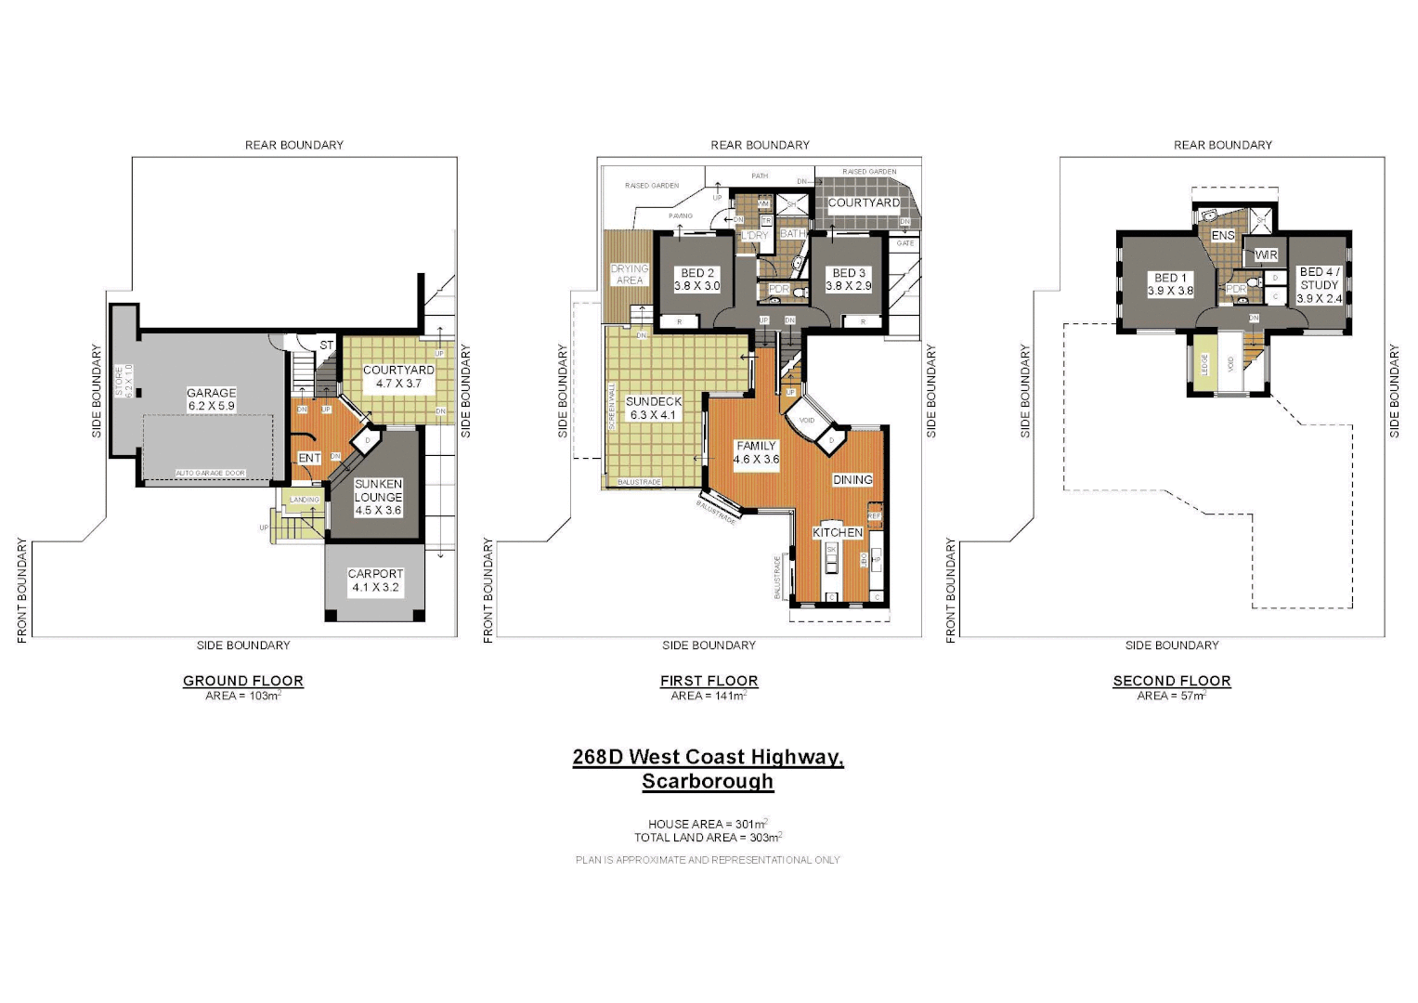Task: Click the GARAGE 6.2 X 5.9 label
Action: pyautogui.click(x=212, y=399)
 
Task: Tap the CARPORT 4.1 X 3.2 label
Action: pyautogui.click(x=375, y=580)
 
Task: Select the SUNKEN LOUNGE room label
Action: pyautogui.click(x=378, y=497)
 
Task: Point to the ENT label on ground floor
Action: pyautogui.click(x=309, y=458)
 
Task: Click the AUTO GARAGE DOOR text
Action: pyautogui.click(x=211, y=474)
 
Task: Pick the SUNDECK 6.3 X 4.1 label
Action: pyautogui.click(x=654, y=409)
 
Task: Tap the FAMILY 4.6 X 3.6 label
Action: pyautogui.click(x=756, y=452)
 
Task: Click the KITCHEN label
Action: pyautogui.click(x=838, y=532)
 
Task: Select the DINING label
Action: pyautogui.click(x=852, y=480)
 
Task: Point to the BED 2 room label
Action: pyautogui.click(x=697, y=280)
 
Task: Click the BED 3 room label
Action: pyautogui.click(x=849, y=280)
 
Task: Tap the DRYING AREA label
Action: pyautogui.click(x=630, y=274)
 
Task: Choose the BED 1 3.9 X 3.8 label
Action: pyautogui.click(x=1170, y=284)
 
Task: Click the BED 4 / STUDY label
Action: pyautogui.click(x=1320, y=285)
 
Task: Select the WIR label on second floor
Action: pyautogui.click(x=1267, y=254)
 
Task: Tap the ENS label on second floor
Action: pyautogui.click(x=1223, y=235)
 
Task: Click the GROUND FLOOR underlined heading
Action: pyautogui.click(x=243, y=681)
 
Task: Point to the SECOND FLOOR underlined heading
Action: pyautogui.click(x=1172, y=681)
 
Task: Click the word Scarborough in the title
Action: pyautogui.click(x=708, y=781)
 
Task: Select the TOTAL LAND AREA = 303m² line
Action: pyautogui.click(x=708, y=838)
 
